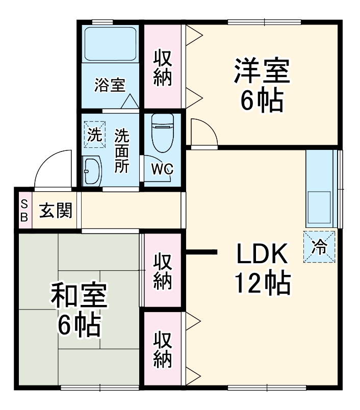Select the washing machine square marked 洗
[x=94, y=135]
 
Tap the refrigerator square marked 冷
[x=320, y=247]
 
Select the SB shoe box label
[x=24, y=210]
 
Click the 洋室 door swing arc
[x=204, y=133]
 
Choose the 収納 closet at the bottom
[x=163, y=349]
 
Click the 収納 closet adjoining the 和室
[x=163, y=270]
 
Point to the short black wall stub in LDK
[x=201, y=251]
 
